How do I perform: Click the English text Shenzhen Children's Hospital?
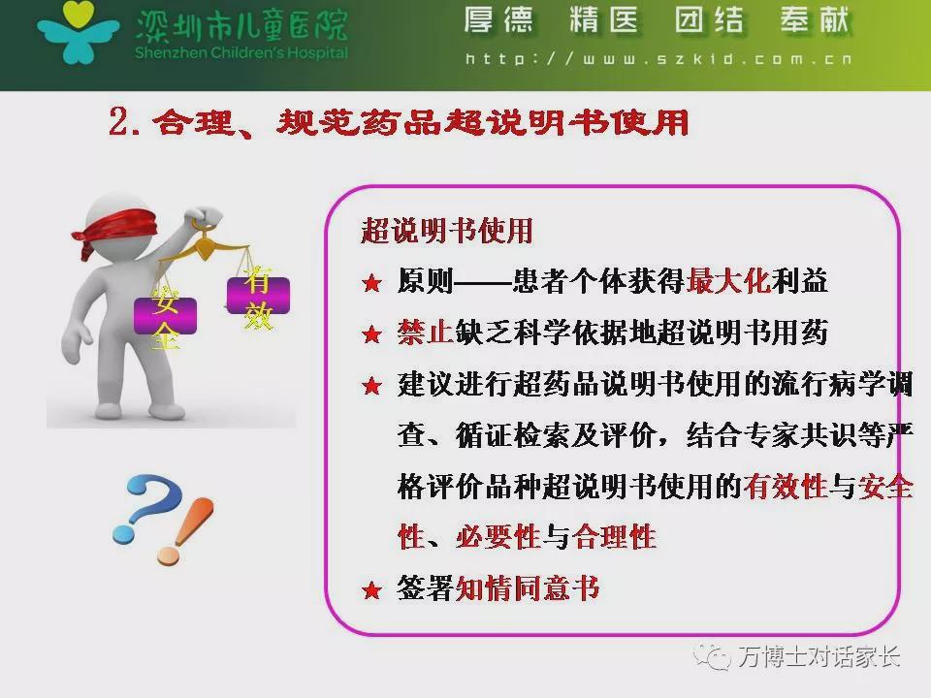coord(241,52)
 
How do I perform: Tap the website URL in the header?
coord(658,59)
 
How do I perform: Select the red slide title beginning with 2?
coord(399,122)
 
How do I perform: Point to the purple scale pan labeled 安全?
coord(165,316)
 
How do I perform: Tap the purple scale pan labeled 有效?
coord(258,295)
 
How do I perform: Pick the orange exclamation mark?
coord(185,530)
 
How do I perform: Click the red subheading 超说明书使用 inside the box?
coord(446,231)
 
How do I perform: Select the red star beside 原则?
coord(371,283)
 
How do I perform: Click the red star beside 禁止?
coord(371,334)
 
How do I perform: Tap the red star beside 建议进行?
coord(371,386)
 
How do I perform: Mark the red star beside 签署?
coord(371,590)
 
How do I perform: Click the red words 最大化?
coord(728,281)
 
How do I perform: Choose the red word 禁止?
coord(426,332)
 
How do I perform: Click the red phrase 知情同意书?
coord(528,588)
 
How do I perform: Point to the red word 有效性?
coord(785,486)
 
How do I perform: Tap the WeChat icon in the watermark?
coord(712,656)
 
